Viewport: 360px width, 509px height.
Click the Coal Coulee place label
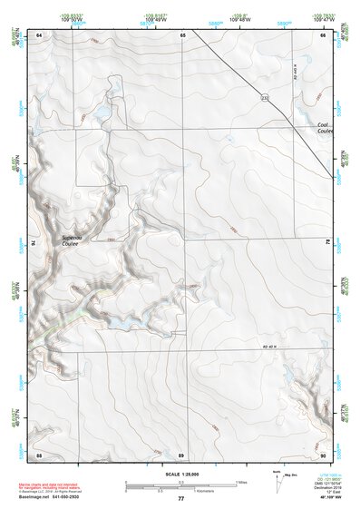pos(324,128)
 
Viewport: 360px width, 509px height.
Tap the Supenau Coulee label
pos(72,240)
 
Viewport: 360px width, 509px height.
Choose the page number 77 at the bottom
pos(180,498)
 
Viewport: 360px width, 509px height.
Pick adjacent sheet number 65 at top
pos(182,34)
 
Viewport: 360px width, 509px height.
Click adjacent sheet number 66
pos(323,34)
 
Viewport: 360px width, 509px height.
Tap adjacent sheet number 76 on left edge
pos(37,243)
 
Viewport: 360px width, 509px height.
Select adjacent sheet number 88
pos(39,454)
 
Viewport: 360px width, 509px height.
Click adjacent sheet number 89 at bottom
pos(181,454)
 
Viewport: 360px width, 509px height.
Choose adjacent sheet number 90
pos(323,454)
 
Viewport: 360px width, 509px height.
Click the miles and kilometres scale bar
pos(180,486)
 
